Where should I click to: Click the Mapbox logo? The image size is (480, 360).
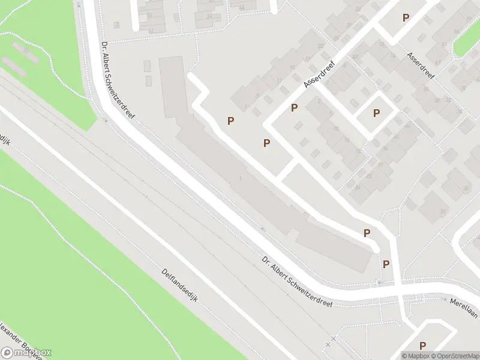pyautogui.click(x=27, y=353)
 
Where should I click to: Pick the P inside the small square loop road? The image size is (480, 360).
pyautogui.click(x=377, y=113)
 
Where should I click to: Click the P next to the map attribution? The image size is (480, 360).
pyautogui.click(x=423, y=346)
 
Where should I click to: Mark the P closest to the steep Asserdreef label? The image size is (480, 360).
pyautogui.click(x=295, y=108)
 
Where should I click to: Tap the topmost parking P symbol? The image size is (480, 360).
pyautogui.click(x=406, y=18)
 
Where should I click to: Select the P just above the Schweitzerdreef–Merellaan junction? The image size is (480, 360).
pyautogui.click(x=386, y=264)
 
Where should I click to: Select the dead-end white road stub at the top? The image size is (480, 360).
pyautogui.click(x=134, y=15)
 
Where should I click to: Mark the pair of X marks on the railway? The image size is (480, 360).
pyautogui.click(x=331, y=341)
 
